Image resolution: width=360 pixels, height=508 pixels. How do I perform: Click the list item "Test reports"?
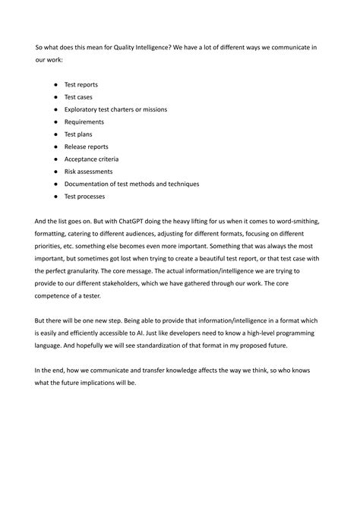(81, 84)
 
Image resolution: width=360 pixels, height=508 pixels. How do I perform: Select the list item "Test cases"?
(79, 97)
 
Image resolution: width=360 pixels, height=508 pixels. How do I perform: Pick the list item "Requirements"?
(84, 121)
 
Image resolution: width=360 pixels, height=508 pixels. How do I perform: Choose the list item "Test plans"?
(78, 134)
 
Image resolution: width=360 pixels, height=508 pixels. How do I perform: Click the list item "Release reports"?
(86, 147)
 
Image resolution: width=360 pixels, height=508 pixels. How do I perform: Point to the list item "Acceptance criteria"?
(91, 159)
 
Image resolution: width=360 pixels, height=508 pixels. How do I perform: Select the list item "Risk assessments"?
(89, 172)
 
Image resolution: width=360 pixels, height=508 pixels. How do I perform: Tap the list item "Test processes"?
(85, 197)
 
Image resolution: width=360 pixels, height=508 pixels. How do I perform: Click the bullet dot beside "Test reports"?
(55, 84)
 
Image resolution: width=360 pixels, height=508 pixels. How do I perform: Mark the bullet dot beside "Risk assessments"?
(55, 172)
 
